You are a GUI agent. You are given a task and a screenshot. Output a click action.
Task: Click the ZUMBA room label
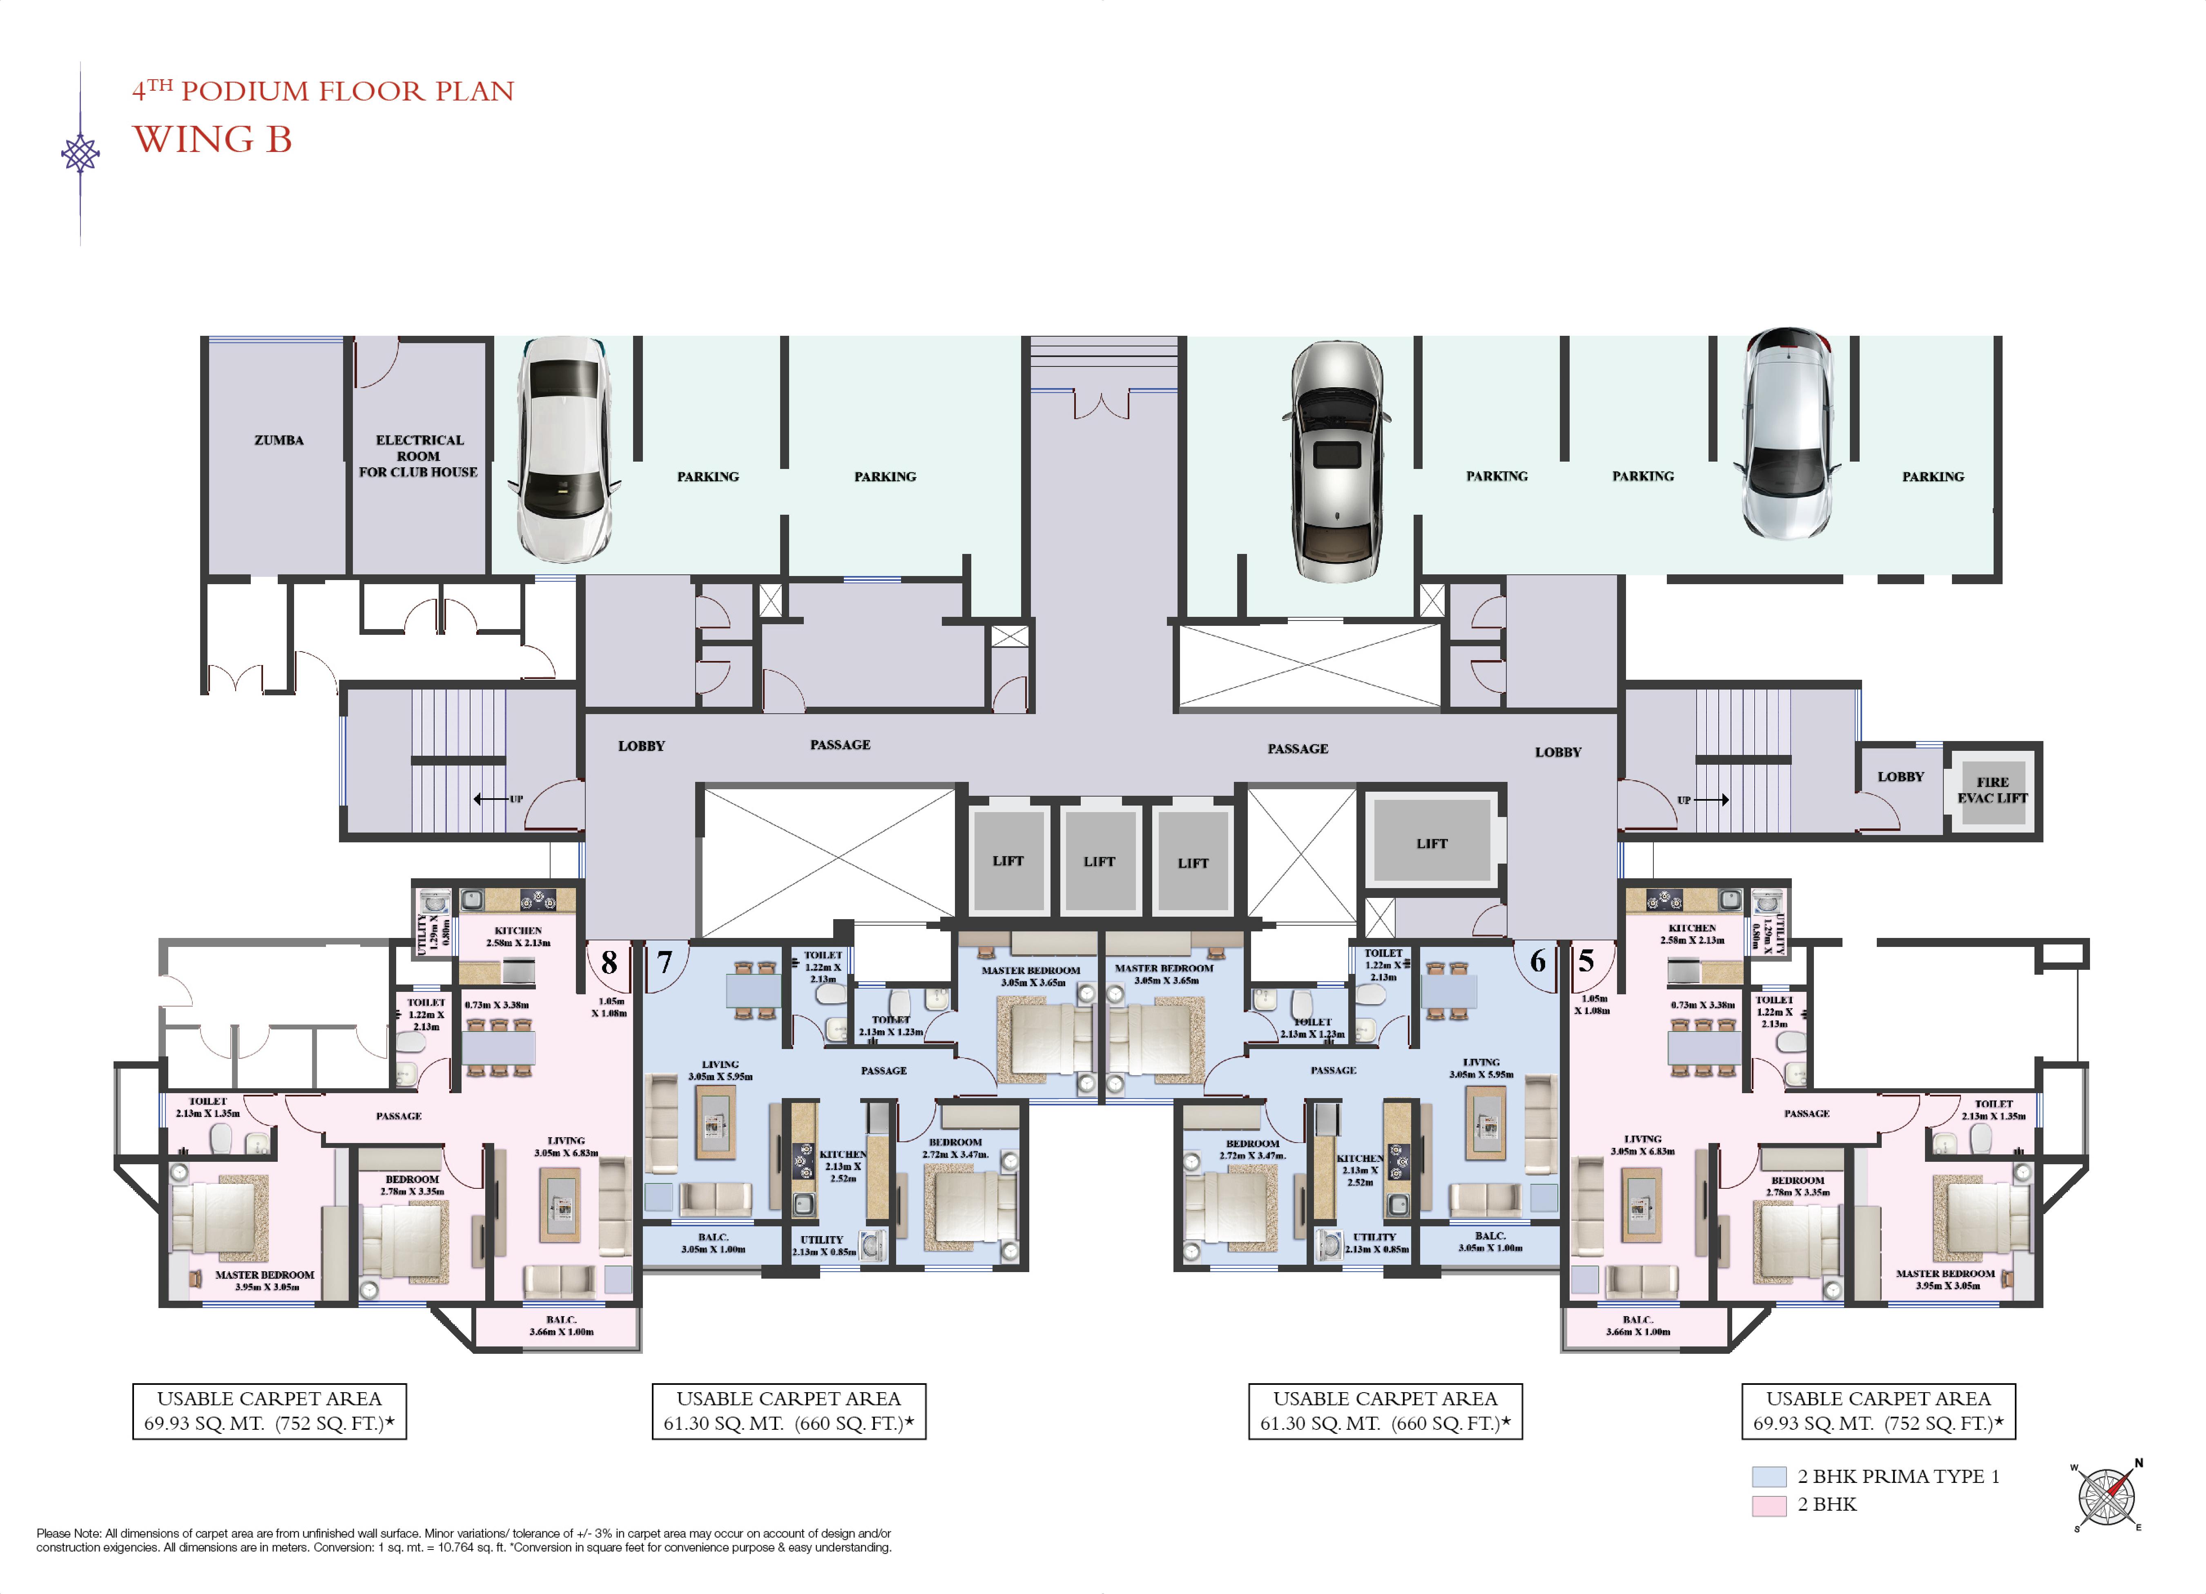click(279, 440)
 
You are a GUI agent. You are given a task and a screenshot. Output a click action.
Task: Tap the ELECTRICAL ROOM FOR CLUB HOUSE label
click(418, 456)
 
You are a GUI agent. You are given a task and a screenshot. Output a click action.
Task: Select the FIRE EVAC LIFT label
click(1992, 790)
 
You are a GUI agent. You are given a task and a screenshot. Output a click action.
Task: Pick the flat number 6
click(1538, 961)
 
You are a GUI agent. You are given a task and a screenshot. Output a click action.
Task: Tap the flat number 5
click(1586, 961)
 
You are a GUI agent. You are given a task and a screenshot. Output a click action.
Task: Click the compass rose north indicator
click(2139, 1463)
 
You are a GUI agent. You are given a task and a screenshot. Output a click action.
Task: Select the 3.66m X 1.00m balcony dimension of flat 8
click(561, 1331)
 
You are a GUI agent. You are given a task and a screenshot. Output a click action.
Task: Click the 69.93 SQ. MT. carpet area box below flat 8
click(270, 1411)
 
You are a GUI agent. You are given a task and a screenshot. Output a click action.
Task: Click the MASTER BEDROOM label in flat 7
click(1030, 971)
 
